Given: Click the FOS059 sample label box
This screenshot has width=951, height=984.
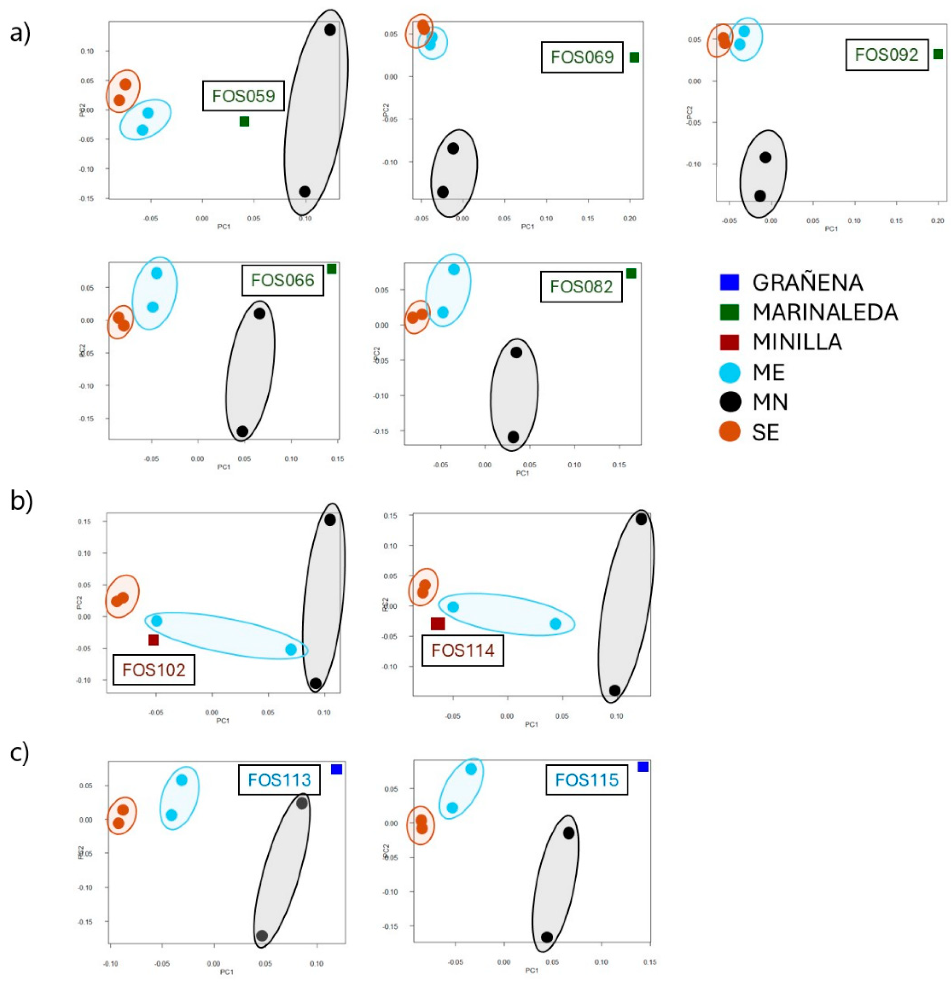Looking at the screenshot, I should pyautogui.click(x=243, y=96).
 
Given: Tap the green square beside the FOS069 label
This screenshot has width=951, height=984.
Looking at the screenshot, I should pyautogui.click(x=634, y=57).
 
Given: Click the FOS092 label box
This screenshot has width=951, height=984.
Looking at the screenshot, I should pyautogui.click(x=886, y=55).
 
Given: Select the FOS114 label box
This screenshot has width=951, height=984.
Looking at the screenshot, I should pyautogui.click(x=462, y=651).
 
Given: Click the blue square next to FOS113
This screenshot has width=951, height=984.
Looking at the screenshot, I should pyautogui.click(x=336, y=769).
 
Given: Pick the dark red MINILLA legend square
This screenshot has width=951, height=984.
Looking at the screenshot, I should pyautogui.click(x=729, y=342).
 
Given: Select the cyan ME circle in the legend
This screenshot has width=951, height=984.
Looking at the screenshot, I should pyautogui.click(x=730, y=372).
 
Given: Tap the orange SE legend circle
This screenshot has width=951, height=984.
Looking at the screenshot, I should pyautogui.click(x=730, y=432).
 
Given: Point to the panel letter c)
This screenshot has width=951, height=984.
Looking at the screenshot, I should pyautogui.click(x=20, y=753).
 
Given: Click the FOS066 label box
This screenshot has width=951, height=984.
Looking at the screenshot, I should pyautogui.click(x=282, y=280).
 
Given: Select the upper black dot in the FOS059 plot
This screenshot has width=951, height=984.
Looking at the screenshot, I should pyautogui.click(x=330, y=30).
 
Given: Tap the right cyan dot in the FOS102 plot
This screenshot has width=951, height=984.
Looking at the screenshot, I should pyautogui.click(x=291, y=649).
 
